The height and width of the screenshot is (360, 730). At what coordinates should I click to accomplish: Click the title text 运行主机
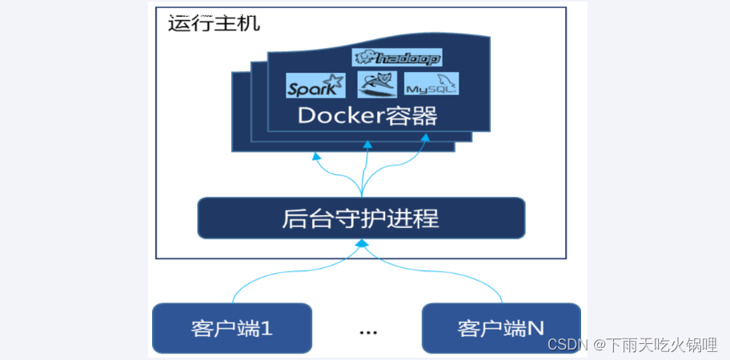214,22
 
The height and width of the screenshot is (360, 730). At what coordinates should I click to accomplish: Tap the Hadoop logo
397,58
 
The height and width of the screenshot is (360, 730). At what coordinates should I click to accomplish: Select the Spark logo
315,85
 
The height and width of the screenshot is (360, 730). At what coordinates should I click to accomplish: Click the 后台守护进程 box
361,218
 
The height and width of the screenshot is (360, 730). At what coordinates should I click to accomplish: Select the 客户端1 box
231,327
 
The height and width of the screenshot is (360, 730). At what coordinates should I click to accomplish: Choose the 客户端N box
500,327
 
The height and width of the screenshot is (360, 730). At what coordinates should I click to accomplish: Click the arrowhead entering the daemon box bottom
362,243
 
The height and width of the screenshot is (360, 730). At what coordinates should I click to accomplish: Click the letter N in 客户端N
535,327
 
